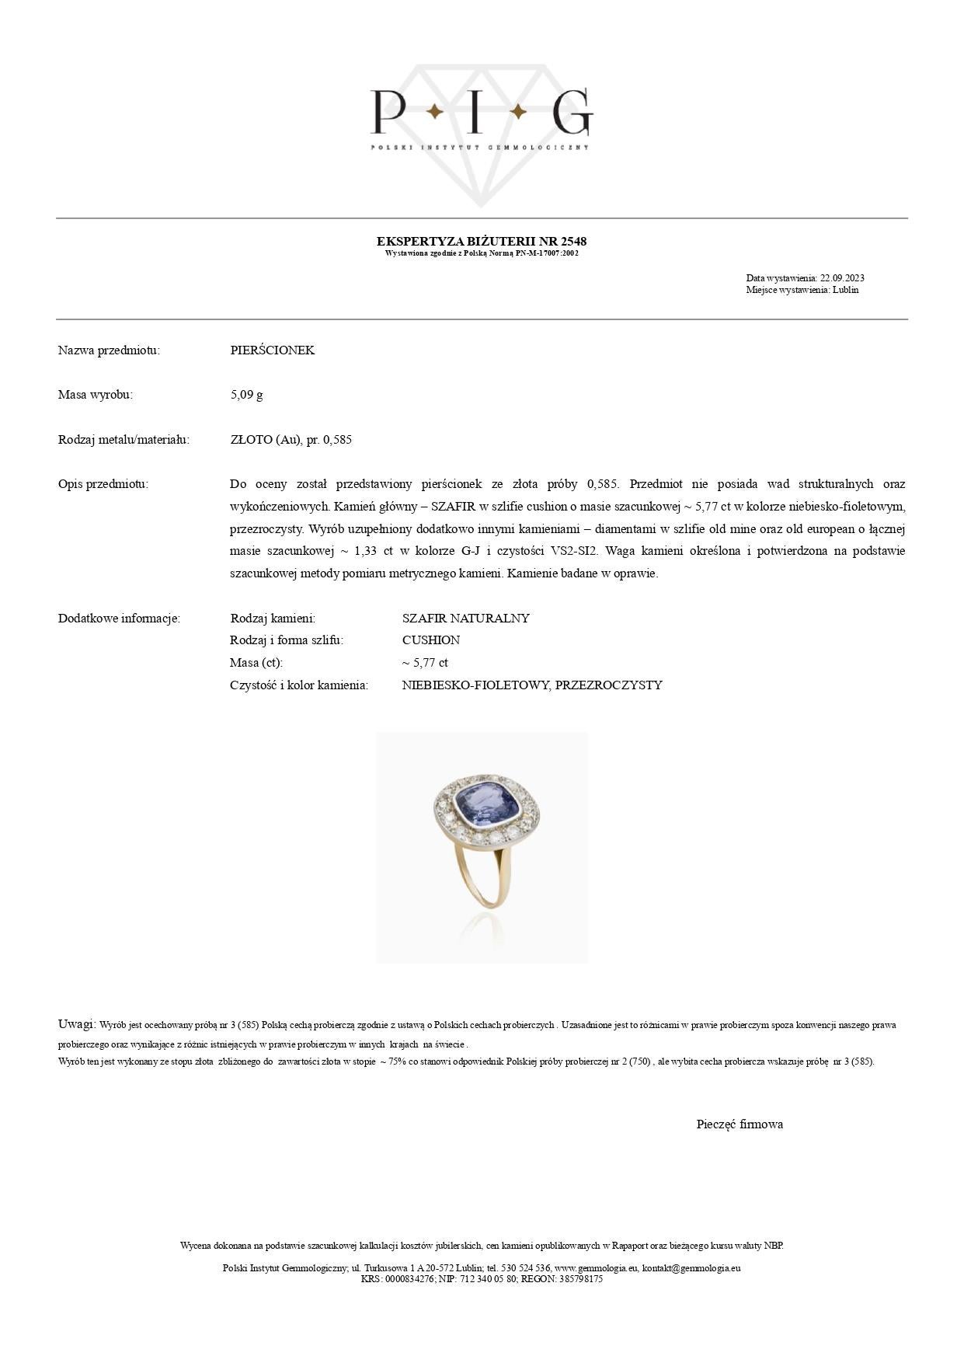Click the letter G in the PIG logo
[572, 113]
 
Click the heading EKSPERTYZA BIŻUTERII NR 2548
[481, 241]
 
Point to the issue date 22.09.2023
[842, 278]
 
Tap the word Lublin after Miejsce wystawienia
[845, 290]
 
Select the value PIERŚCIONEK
[273, 350]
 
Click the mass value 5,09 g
[246, 395]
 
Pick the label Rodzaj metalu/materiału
[124, 440]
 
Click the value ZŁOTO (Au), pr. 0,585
[291, 440]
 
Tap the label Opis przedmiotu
[103, 484]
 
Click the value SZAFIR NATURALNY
[465, 619]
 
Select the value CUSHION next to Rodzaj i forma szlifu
[430, 640]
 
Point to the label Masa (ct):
[256, 663]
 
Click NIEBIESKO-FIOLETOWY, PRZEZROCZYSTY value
[532, 685]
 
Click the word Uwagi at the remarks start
[76, 1024]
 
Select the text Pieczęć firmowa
[740, 1124]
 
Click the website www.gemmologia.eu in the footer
[597, 1268]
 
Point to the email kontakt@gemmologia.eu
[691, 1268]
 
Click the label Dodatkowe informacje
[119, 619]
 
